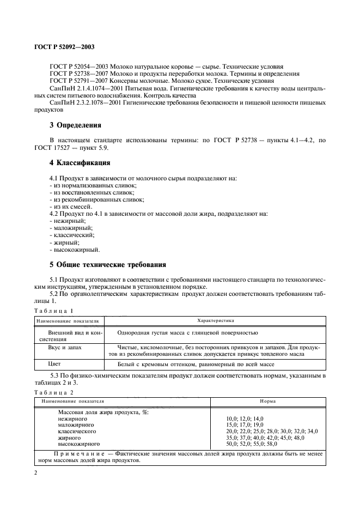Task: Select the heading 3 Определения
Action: click(x=79, y=125)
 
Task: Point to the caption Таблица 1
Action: click(x=53, y=310)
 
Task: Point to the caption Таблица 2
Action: click(x=53, y=392)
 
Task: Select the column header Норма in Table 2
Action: click(x=267, y=401)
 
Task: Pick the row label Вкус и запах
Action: click(x=66, y=347)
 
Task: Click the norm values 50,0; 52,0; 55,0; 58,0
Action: click(x=252, y=444)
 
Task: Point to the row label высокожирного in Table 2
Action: click(x=76, y=444)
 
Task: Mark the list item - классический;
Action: click(x=71, y=235)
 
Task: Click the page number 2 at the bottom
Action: click(x=35, y=473)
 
